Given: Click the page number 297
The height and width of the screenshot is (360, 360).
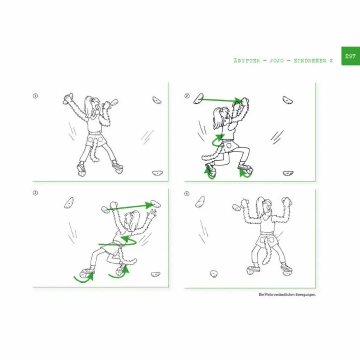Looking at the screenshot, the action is pyautogui.click(x=350, y=56).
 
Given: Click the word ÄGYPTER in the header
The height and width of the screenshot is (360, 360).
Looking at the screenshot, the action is pyautogui.click(x=247, y=61).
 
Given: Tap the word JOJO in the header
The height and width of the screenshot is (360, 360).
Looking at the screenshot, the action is pyautogui.click(x=277, y=61).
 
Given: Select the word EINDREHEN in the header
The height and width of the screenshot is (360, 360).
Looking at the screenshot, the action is pyautogui.click(x=310, y=61).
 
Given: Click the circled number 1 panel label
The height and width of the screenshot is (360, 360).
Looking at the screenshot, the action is pyautogui.click(x=35, y=96).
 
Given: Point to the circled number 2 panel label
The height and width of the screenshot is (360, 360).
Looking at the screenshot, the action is pyautogui.click(x=187, y=96).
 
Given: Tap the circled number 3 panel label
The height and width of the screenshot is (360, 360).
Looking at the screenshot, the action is pyautogui.click(x=35, y=193).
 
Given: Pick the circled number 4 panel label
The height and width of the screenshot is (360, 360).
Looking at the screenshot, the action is pyautogui.click(x=187, y=194).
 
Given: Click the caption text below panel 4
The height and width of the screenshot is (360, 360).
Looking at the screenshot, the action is pyautogui.click(x=287, y=295).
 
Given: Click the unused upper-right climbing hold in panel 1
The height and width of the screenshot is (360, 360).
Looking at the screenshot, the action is pyautogui.click(x=157, y=100).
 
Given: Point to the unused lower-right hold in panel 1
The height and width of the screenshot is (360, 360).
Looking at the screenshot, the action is pyautogui.click(x=157, y=173).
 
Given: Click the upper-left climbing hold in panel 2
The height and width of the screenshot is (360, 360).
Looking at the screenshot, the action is pyautogui.click(x=199, y=98).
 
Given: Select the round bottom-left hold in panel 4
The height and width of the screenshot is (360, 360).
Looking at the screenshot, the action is pyautogui.click(x=214, y=274).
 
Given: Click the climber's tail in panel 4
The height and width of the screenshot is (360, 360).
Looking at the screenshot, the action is pyautogui.click(x=267, y=252).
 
